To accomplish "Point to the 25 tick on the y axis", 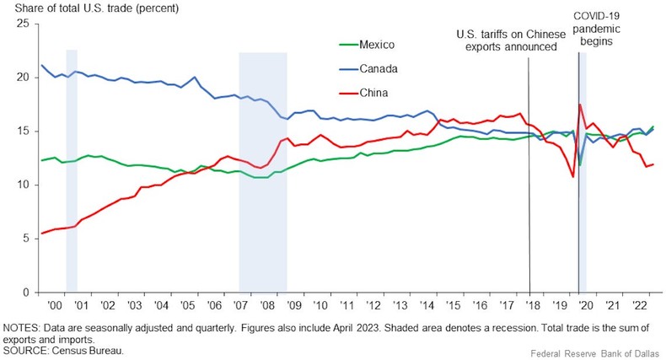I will click(22, 24).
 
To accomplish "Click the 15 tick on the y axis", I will click(22, 132).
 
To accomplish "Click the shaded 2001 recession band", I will click(72, 169).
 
